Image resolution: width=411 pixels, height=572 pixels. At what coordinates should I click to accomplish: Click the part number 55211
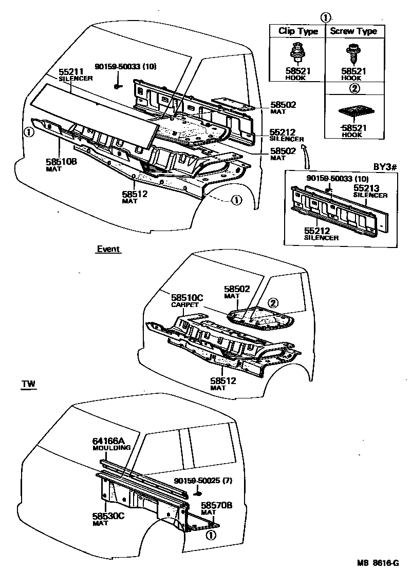tap(70, 72)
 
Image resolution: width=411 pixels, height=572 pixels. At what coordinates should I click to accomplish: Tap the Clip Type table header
tap(298, 31)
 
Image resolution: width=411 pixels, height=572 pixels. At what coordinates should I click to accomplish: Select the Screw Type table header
tap(353, 31)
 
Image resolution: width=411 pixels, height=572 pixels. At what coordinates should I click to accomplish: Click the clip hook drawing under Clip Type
tap(297, 53)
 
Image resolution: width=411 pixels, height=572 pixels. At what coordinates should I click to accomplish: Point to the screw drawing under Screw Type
tap(353, 53)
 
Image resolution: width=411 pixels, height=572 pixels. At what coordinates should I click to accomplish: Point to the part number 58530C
tap(109, 516)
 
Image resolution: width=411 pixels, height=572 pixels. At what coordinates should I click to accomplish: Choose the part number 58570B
tap(216, 505)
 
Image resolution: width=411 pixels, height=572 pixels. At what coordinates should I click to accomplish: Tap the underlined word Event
tap(108, 249)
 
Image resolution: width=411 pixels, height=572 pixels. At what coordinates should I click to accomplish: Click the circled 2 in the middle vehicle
tap(274, 302)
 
